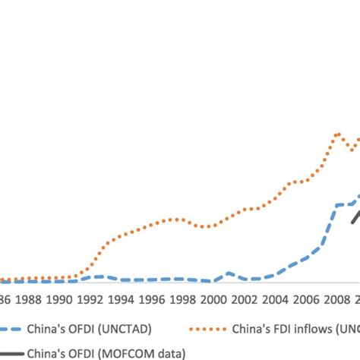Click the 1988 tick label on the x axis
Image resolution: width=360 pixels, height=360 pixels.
[29, 300]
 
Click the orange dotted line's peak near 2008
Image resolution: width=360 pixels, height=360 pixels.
[337, 134]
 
